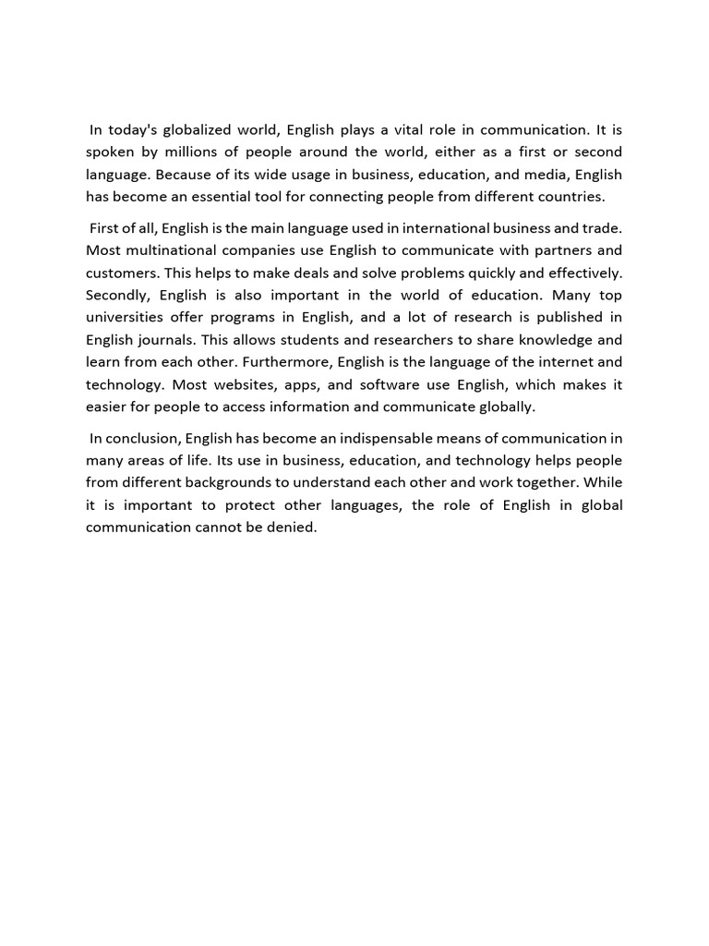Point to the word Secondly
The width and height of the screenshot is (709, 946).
pyautogui.click(x=118, y=295)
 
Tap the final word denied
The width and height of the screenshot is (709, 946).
pyautogui.click(x=294, y=527)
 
